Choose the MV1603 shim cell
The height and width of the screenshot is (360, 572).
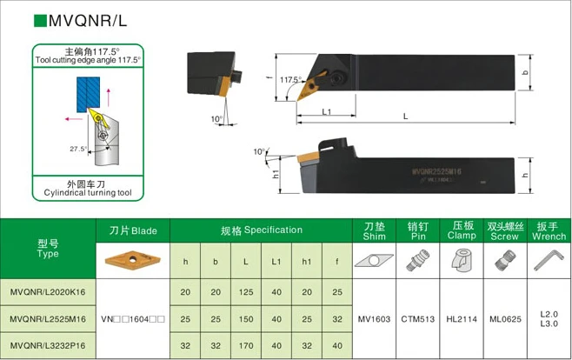(x=373, y=318)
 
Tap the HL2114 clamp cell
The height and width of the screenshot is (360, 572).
(x=462, y=318)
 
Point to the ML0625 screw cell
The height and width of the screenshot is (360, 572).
(x=504, y=318)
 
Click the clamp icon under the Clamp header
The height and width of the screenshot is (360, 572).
(x=462, y=259)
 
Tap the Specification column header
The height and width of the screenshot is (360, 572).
(x=262, y=230)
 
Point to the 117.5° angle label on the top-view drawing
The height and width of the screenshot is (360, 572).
(x=291, y=80)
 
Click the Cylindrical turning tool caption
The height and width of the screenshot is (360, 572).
(x=86, y=194)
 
